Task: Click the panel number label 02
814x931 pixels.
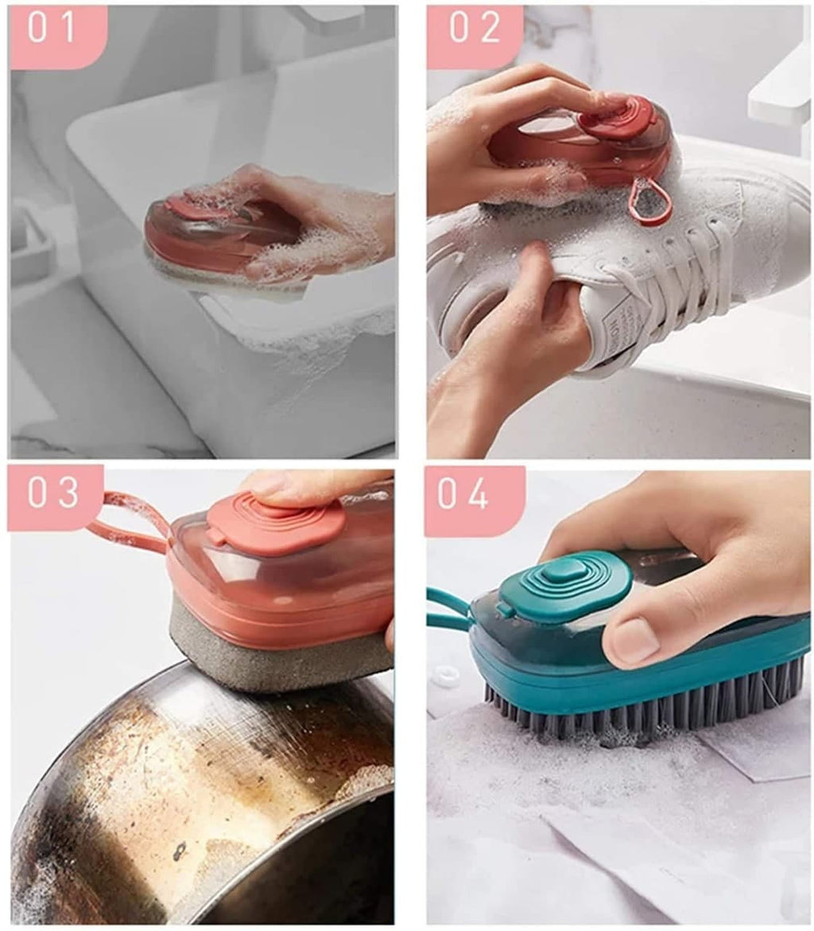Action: click(x=474, y=28)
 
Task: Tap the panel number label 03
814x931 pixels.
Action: click(x=54, y=493)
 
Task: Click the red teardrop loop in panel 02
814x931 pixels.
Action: click(x=651, y=203)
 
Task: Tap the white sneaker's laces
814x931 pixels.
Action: click(x=700, y=271)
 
